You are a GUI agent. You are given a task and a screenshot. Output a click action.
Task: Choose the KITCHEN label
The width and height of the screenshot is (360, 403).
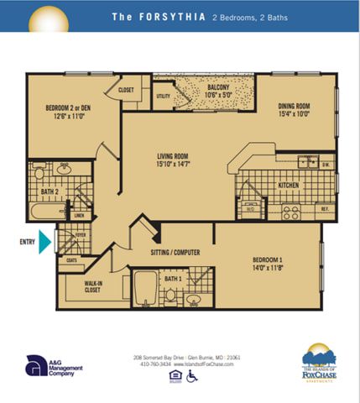(289, 186)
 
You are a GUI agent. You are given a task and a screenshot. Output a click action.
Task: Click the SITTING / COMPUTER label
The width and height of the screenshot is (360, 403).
(175, 251)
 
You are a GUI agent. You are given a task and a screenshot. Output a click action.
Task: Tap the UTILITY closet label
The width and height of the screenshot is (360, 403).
(163, 97)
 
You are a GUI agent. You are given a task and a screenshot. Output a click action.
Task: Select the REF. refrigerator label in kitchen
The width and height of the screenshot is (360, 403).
(323, 207)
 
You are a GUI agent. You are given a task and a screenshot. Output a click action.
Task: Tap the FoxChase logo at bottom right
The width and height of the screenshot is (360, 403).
(318, 362)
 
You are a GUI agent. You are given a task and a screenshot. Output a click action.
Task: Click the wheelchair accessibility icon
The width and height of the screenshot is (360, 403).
(191, 376)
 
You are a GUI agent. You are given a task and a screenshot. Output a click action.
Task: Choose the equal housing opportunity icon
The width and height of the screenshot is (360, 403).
(174, 376)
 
